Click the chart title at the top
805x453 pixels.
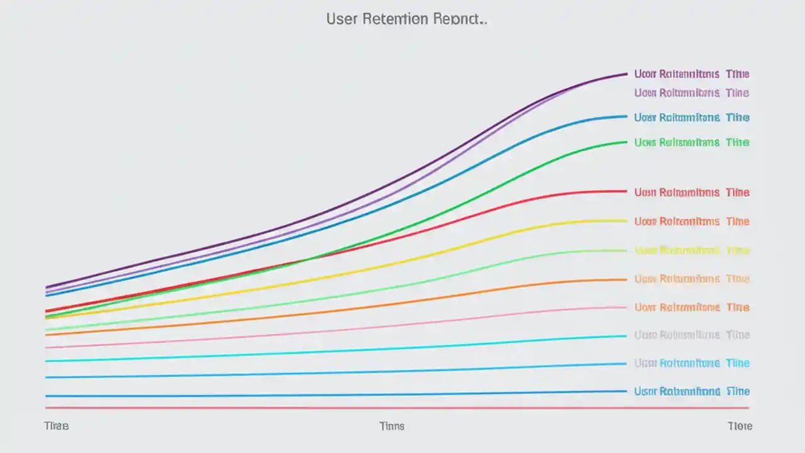pyautogui.click(x=406, y=19)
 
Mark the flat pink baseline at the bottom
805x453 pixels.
pyautogui.click(x=377, y=408)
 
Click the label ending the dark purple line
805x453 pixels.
pyautogui.click(x=691, y=74)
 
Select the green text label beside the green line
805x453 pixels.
pyautogui.click(x=691, y=142)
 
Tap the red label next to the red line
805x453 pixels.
pyautogui.click(x=691, y=192)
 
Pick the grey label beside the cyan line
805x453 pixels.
pyautogui.click(x=691, y=335)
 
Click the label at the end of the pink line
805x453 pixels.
pyautogui.click(x=691, y=307)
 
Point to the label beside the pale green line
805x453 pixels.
pyautogui.click(x=691, y=250)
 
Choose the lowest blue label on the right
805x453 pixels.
pyautogui.click(x=691, y=391)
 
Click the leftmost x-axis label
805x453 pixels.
pyautogui.click(x=56, y=426)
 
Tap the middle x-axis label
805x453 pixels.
pyautogui.click(x=392, y=426)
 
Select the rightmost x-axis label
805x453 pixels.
pyautogui.click(x=740, y=426)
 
